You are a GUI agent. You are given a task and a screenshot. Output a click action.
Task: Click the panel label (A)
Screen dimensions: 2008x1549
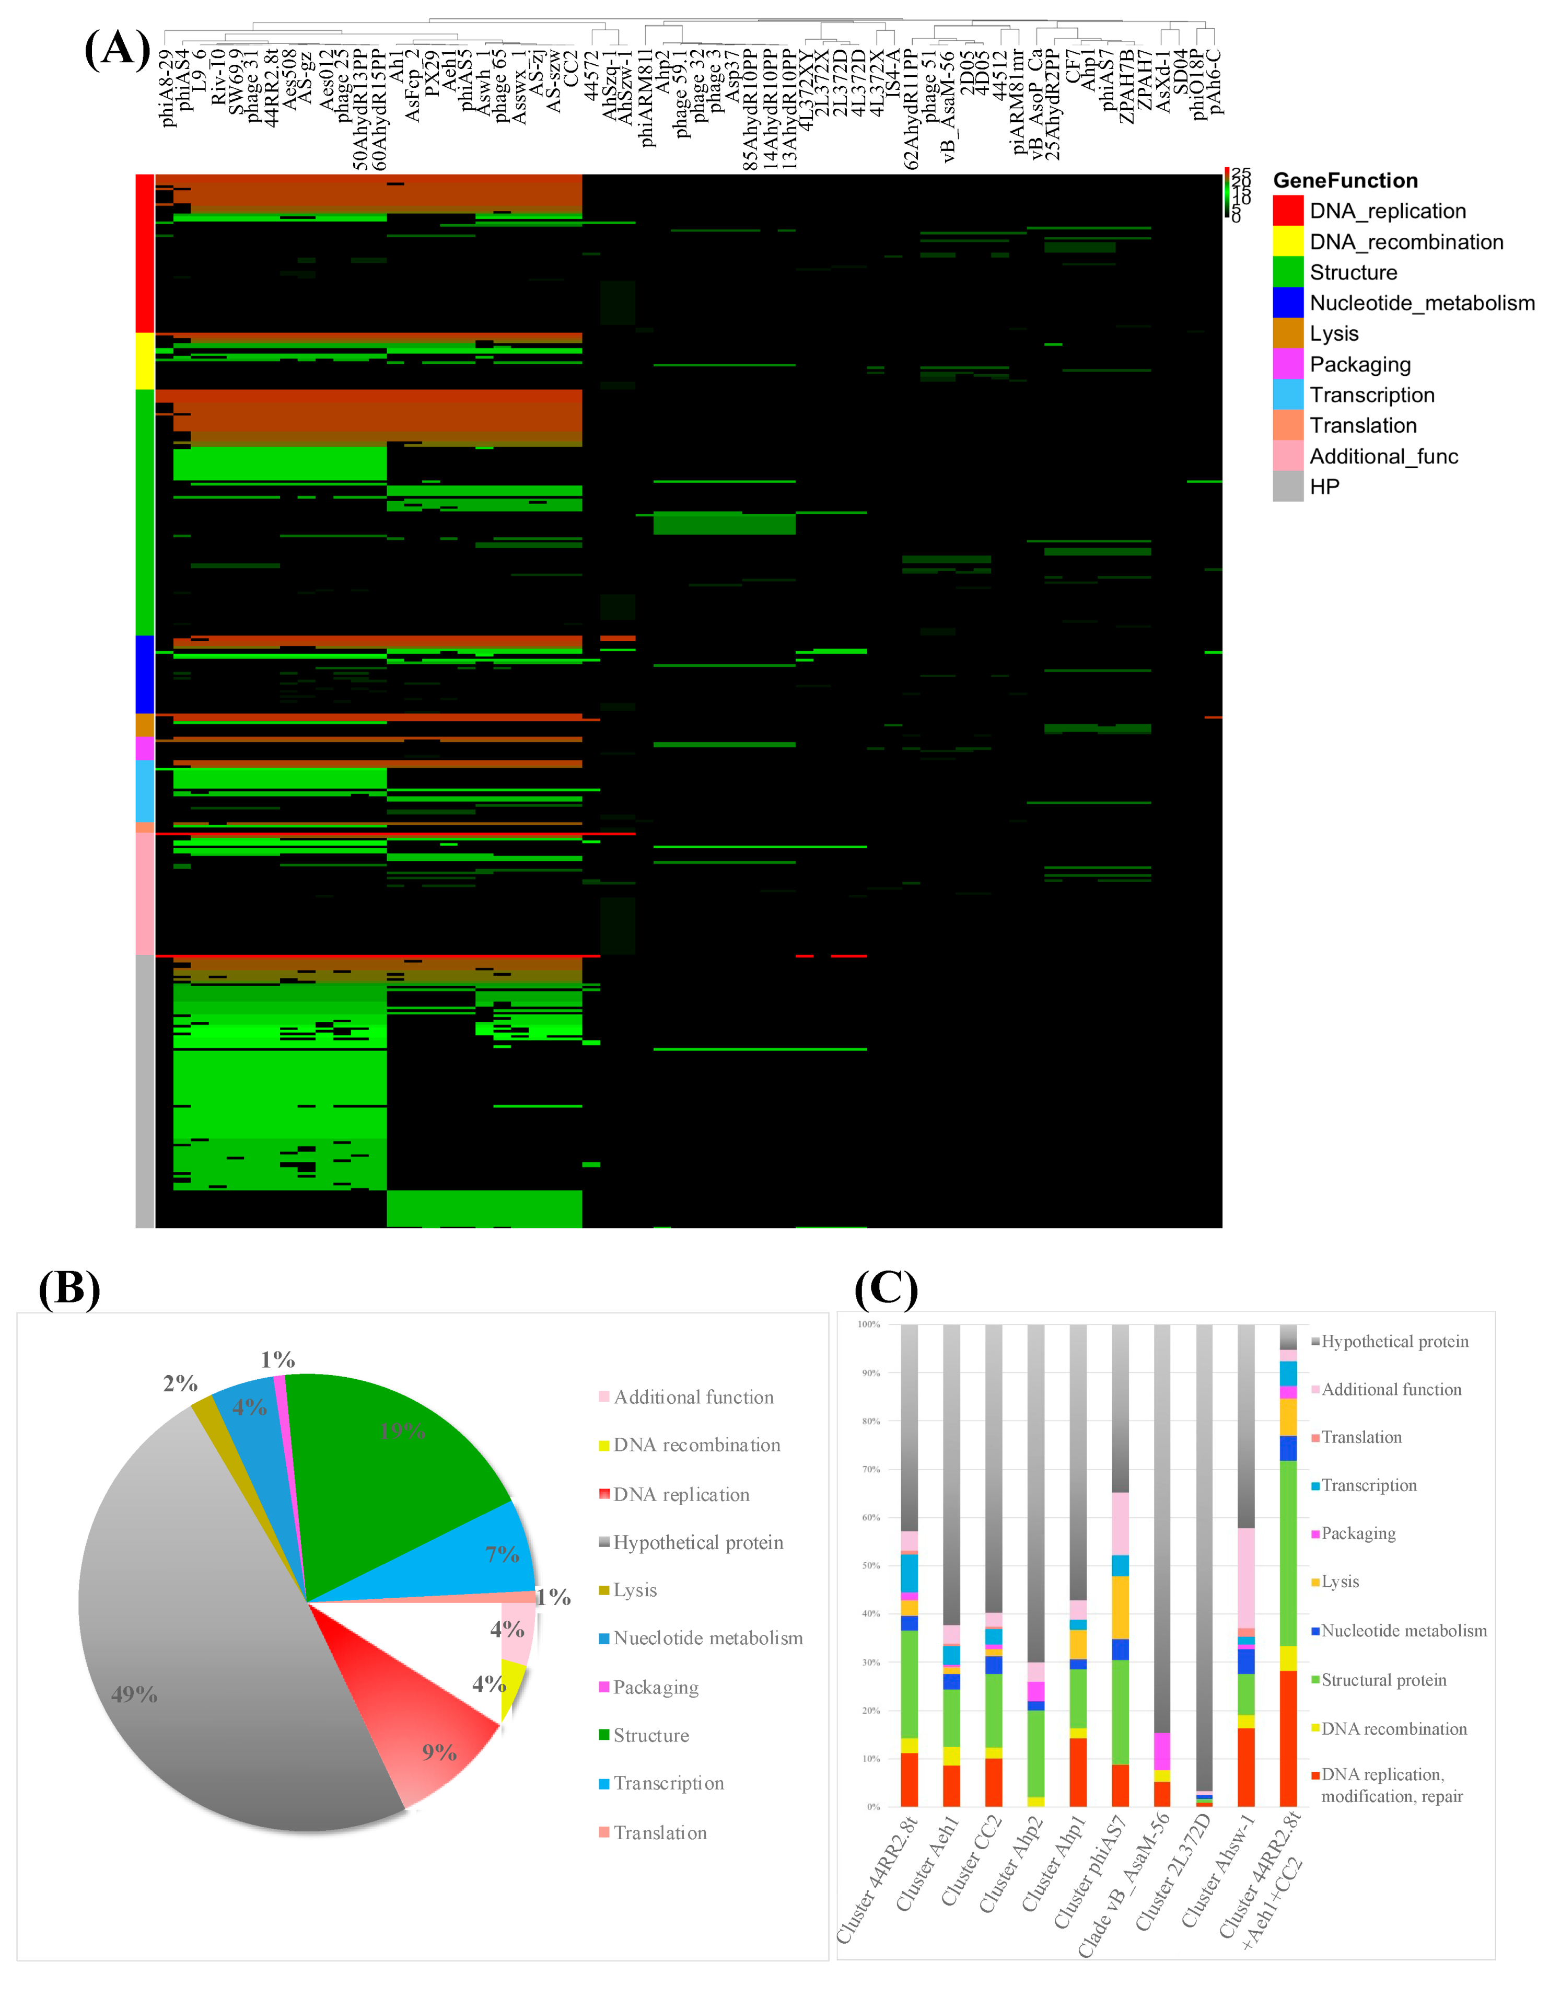[117, 48]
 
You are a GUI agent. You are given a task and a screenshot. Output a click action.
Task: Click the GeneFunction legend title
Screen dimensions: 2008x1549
[1345, 180]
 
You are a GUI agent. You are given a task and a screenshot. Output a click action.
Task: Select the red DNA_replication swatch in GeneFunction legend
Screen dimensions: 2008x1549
[1287, 211]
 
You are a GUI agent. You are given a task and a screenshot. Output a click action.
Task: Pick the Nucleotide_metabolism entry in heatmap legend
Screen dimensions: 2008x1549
[1421, 303]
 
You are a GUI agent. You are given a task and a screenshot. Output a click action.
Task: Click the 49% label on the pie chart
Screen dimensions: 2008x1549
[134, 1694]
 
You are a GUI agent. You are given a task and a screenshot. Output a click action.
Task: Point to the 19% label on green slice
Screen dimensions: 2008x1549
[402, 1430]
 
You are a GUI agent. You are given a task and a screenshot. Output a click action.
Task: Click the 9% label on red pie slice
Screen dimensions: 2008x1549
[438, 1752]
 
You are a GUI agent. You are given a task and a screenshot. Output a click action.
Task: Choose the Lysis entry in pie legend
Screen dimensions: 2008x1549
[634, 1590]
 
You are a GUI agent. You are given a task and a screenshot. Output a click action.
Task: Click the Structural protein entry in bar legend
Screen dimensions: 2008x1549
[1383, 1680]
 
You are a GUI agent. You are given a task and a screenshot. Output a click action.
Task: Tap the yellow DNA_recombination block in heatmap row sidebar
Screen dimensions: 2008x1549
[144, 361]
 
